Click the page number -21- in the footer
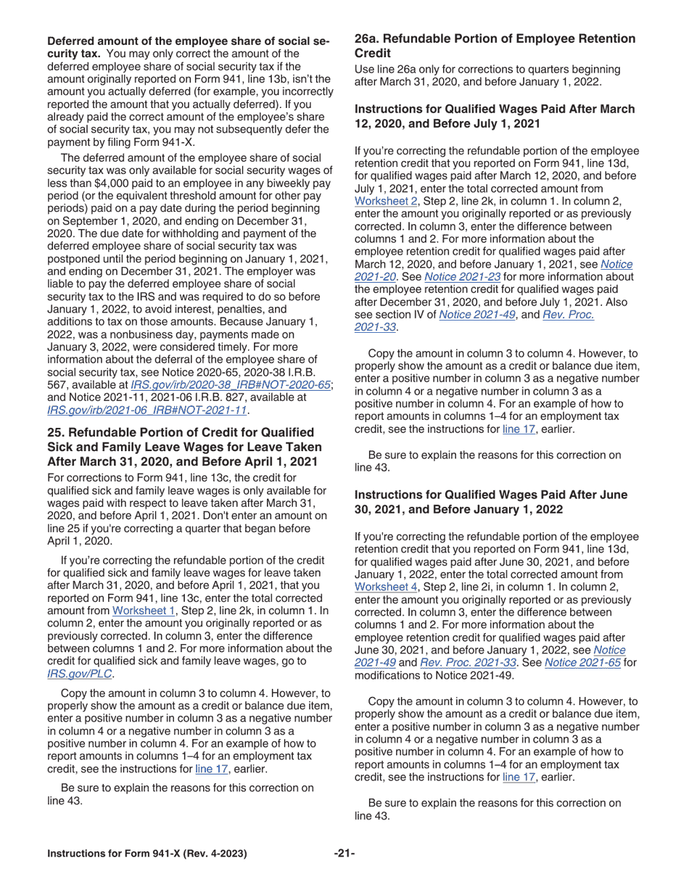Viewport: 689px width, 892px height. (x=344, y=853)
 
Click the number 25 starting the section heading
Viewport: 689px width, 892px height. (x=55, y=432)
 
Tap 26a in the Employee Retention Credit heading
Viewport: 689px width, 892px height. (x=366, y=39)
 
